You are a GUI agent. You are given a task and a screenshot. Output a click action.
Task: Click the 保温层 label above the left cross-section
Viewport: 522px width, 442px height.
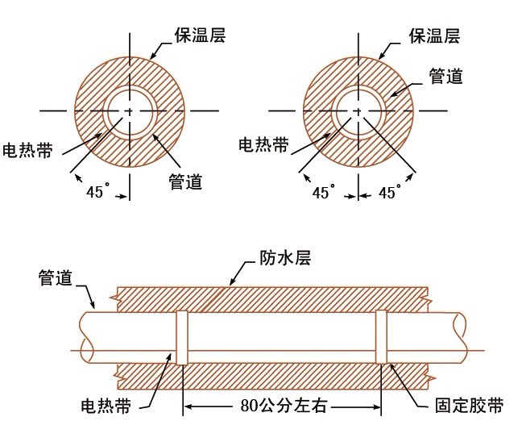(x=197, y=35)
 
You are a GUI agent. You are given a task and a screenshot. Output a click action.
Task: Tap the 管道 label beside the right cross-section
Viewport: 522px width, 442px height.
(x=445, y=76)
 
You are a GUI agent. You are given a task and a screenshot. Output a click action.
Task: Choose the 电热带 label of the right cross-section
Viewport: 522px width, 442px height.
(x=263, y=144)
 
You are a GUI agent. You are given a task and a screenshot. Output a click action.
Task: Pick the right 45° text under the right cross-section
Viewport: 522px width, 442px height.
(x=391, y=193)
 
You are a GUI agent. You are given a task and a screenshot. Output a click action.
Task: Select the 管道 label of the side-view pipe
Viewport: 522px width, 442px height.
(x=56, y=278)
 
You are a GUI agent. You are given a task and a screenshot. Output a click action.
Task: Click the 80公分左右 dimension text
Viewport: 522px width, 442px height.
(x=284, y=404)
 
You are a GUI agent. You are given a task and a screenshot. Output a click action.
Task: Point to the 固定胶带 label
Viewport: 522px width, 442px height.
(x=468, y=404)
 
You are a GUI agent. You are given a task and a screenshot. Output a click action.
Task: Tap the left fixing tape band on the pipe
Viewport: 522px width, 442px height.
(x=181, y=338)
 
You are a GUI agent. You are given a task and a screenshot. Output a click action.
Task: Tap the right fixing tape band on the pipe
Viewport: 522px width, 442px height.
(x=382, y=338)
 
